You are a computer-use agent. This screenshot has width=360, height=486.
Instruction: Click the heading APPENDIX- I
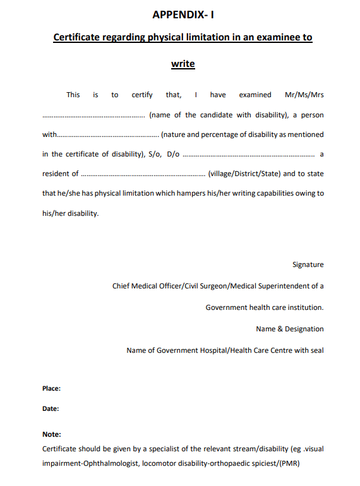point(183,14)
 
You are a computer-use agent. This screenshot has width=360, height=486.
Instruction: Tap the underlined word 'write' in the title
point(183,64)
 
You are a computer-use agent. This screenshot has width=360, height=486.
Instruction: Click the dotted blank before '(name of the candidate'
point(93,116)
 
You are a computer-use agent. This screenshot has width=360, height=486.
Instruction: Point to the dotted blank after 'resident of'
point(143,174)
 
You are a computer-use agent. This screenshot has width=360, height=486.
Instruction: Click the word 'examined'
point(255,95)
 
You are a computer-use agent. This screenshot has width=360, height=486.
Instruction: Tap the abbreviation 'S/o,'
point(154,154)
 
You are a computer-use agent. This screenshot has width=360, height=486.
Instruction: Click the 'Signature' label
point(308,265)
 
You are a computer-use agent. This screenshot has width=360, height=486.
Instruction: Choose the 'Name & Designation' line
point(289,329)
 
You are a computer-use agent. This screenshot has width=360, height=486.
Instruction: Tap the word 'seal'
point(316,350)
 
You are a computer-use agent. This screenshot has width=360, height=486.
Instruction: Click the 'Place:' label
point(52,389)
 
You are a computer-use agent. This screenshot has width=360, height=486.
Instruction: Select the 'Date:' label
point(51,408)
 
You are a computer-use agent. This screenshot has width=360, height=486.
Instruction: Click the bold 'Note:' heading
point(52,434)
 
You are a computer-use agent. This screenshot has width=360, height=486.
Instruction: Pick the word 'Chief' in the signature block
point(122,286)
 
